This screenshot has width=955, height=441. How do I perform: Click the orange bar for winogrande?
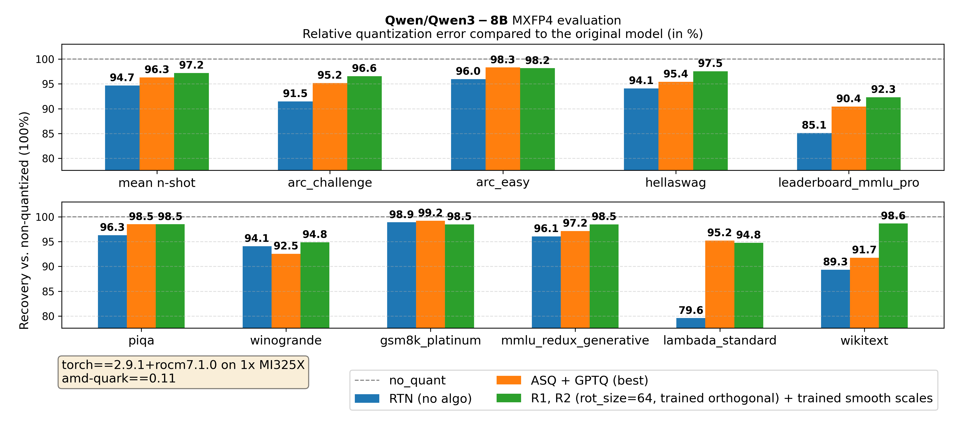(x=286, y=291)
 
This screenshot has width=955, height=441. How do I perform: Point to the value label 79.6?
(x=691, y=310)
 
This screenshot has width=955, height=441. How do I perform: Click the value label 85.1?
(x=814, y=125)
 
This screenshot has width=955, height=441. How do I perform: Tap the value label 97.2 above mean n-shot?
(x=191, y=65)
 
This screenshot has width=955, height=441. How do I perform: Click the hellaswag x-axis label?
(x=675, y=183)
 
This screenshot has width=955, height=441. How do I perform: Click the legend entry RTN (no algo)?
(x=430, y=399)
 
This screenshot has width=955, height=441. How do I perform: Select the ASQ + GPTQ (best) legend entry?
(x=589, y=380)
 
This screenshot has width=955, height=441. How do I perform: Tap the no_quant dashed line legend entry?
(x=417, y=380)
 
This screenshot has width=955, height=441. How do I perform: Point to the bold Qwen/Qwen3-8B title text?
(x=446, y=20)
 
